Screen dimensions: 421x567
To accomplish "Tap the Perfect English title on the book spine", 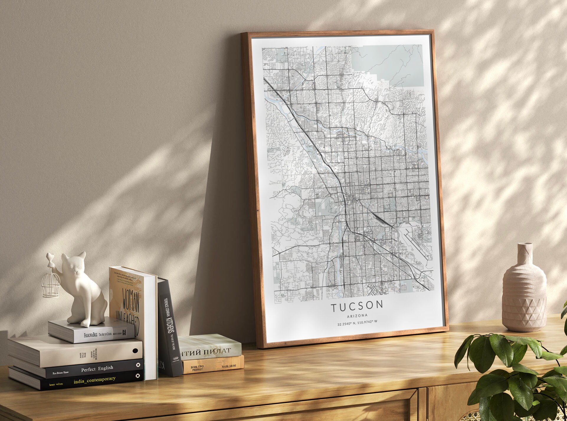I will [x=97, y=369].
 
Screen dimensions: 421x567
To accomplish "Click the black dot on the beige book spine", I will [x=135, y=351].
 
